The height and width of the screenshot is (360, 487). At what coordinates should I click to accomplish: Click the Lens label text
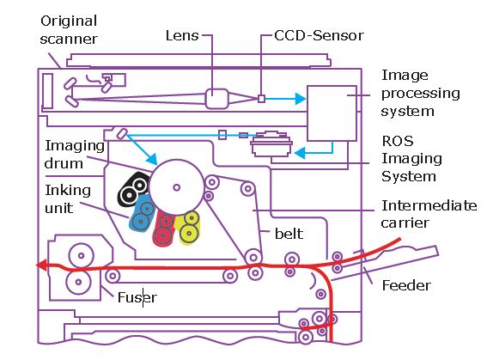tap(182, 35)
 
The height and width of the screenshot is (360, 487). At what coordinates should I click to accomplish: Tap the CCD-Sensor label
tap(319, 35)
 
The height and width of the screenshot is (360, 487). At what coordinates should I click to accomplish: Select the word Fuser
tap(137, 297)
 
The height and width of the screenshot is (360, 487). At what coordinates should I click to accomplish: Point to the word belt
tap(289, 234)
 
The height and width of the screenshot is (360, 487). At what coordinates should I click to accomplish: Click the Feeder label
tap(406, 285)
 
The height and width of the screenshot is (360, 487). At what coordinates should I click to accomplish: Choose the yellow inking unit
tap(187, 228)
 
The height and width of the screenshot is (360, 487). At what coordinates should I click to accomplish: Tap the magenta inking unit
tap(164, 229)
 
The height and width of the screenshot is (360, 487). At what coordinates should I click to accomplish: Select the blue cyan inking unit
tap(143, 213)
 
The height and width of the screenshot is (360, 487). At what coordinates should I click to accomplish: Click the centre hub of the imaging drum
tap(177, 187)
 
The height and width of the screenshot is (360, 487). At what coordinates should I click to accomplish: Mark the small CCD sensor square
tap(261, 99)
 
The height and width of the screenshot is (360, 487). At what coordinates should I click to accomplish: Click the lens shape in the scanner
tap(217, 99)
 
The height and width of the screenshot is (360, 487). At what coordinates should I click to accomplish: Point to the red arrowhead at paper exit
tap(41, 265)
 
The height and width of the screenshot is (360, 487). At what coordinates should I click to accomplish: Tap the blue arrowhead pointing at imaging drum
tap(152, 159)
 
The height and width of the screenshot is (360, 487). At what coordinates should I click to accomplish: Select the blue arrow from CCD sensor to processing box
tap(285, 99)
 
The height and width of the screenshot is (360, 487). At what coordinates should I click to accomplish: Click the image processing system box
tap(332, 113)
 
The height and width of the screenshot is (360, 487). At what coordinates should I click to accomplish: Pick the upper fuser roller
tap(81, 256)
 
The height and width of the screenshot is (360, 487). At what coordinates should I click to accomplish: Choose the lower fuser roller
tap(78, 282)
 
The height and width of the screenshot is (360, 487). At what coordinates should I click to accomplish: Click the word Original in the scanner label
tap(69, 21)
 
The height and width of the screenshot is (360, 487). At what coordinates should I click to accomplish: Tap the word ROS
tap(398, 141)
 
